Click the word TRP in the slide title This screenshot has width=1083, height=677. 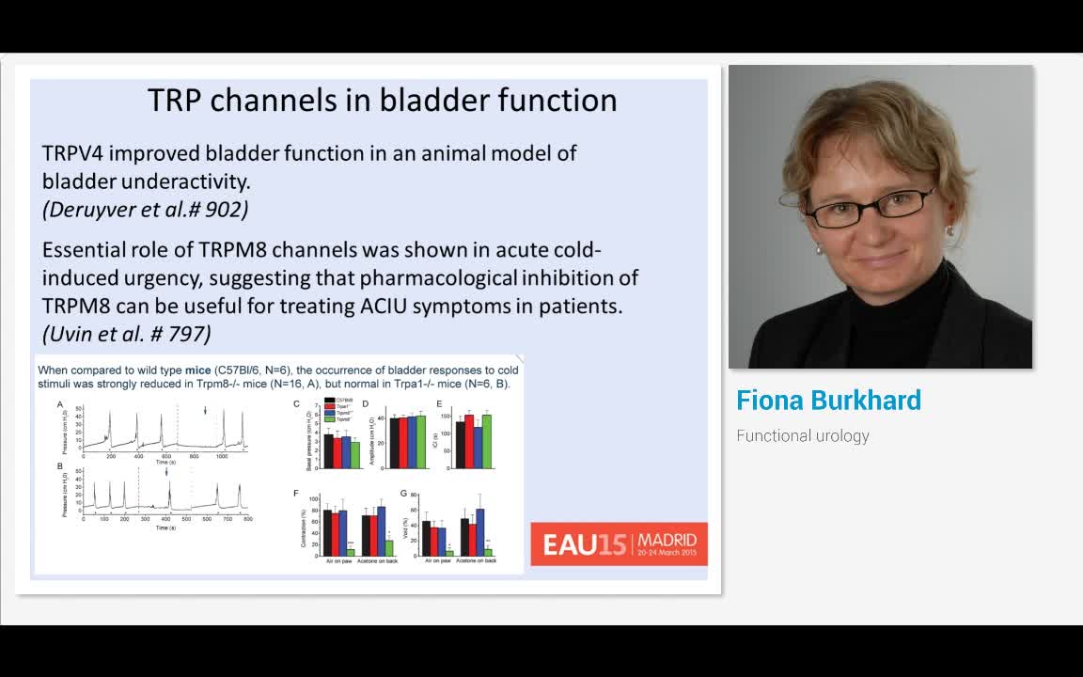175,101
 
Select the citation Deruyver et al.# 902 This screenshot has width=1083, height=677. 145,209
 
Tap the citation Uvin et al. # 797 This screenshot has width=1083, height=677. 126,333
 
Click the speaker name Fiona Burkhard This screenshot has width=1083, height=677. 828,401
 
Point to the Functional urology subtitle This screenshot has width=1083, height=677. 802,435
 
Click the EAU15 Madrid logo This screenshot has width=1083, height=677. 619,543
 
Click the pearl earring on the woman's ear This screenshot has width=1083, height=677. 950,230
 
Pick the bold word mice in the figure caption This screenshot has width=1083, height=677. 197,370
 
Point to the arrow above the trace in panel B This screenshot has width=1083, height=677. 167,472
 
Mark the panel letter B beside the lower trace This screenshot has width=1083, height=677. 60,466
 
